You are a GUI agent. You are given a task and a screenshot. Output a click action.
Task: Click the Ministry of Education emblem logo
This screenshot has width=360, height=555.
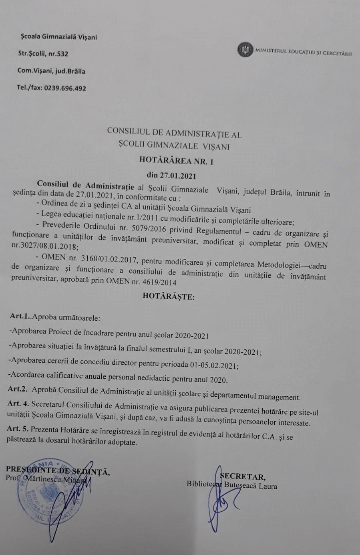pos(245,50)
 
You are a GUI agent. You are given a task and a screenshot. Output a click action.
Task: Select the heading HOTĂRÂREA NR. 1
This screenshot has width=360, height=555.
pos(176,161)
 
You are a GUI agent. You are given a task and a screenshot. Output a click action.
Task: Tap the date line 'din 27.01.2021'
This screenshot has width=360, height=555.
pos(171,175)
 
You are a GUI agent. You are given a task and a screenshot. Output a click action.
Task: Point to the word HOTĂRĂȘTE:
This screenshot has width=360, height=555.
pos(169,297)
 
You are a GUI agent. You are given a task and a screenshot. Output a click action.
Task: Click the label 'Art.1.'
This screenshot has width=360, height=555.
pos(20,316)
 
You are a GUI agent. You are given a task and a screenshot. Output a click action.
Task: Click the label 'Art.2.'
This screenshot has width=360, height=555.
pos(18,389)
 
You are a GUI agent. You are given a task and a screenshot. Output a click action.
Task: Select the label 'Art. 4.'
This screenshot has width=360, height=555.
pos(18,404)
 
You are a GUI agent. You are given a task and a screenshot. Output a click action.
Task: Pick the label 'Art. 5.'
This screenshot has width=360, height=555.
pos(18,429)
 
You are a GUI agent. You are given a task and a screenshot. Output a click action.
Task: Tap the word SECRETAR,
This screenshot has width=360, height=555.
pos(242,476)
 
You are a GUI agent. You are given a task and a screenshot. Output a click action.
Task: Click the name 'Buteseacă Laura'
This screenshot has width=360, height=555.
pos(251,485)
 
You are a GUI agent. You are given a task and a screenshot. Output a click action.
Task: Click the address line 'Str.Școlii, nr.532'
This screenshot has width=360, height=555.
pos(43,53)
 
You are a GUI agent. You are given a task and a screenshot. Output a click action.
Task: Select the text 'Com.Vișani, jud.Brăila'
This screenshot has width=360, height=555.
pos(51,71)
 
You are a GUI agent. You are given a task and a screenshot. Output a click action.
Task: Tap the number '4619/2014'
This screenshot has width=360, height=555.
pos(159,282)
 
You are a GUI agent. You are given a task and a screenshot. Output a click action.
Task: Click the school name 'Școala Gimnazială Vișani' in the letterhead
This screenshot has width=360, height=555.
pos(59,37)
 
